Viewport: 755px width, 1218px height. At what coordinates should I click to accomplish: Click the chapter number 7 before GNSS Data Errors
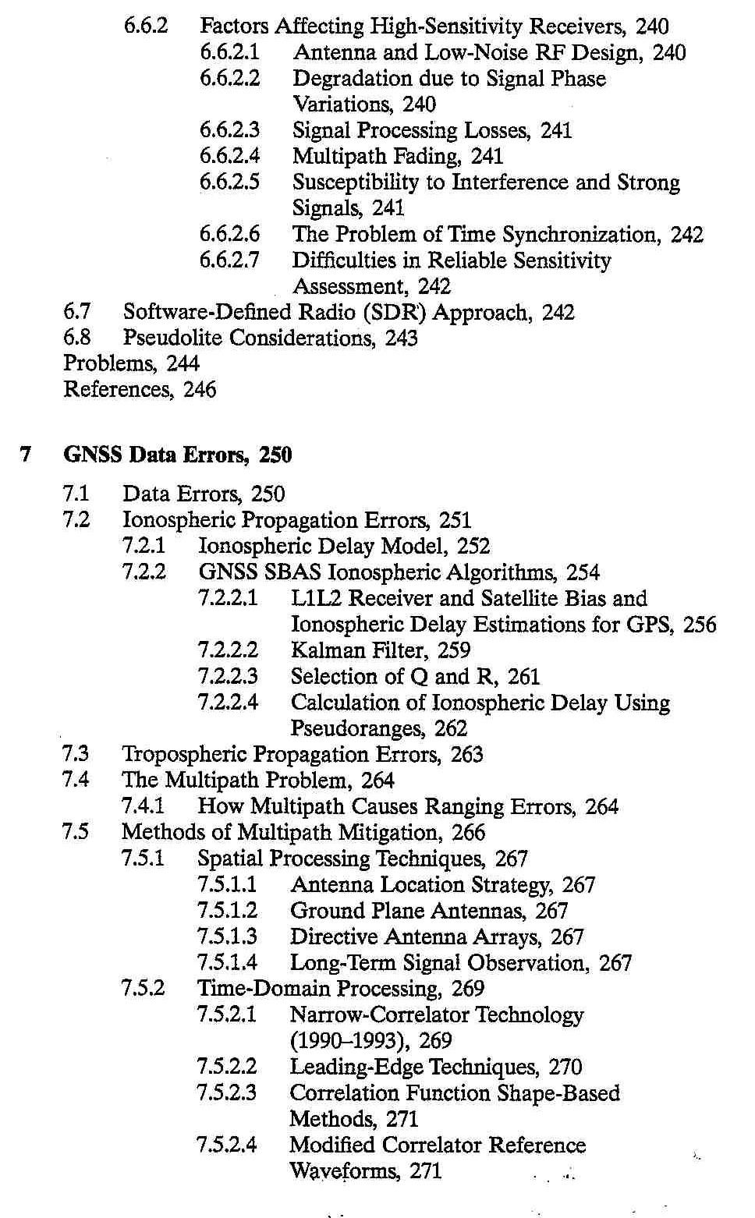[26, 455]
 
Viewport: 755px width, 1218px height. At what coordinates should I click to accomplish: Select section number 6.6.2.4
[229, 156]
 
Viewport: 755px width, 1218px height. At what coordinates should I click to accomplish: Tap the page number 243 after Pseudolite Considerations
[401, 338]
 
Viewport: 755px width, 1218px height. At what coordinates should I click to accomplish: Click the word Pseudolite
[173, 338]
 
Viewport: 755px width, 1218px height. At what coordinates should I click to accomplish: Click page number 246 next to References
[200, 389]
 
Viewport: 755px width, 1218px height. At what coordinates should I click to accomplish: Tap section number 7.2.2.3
[228, 676]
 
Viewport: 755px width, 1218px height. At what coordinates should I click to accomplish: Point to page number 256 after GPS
[699, 625]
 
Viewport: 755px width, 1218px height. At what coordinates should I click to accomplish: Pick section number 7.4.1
[143, 806]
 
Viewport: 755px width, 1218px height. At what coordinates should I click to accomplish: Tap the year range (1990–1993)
[350, 1041]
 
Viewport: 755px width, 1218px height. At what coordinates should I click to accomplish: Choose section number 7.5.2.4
[226, 1145]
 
